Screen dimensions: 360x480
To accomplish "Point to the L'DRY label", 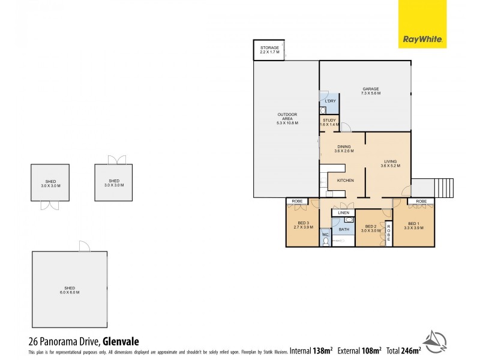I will pyautogui.click(x=330, y=101).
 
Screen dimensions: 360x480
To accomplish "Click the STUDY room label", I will pyautogui.click(x=330, y=122).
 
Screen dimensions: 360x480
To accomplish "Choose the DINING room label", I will pyautogui.click(x=344, y=149).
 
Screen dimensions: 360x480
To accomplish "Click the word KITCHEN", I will pyautogui.click(x=345, y=180).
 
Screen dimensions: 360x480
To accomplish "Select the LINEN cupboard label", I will pyautogui.click(x=343, y=213).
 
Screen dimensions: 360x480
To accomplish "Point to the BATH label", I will pyautogui.click(x=344, y=229).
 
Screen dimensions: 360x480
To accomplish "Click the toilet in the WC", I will pyautogui.click(x=325, y=241).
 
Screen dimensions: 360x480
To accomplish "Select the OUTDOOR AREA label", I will pyautogui.click(x=287, y=118).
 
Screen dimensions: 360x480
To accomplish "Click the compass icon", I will pyautogui.click(x=437, y=340).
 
